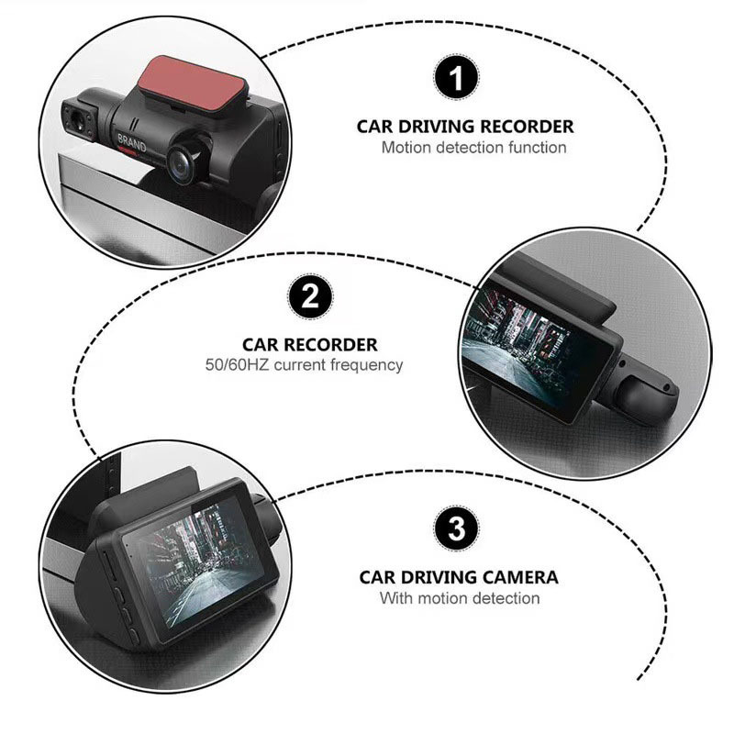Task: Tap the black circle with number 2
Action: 310,299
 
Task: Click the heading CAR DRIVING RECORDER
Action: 465,127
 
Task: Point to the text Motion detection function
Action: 473,147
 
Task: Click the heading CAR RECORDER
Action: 309,345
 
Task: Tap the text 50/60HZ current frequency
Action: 304,365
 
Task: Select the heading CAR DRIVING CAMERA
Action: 458,578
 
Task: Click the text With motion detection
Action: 460,598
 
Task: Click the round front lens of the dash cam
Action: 181,161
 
